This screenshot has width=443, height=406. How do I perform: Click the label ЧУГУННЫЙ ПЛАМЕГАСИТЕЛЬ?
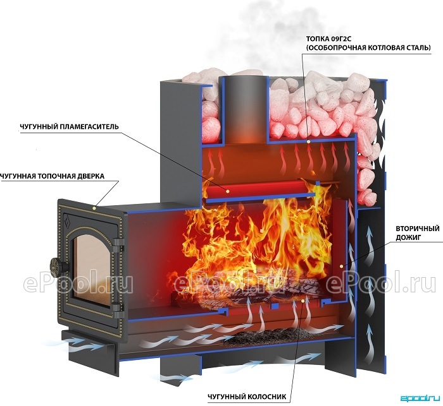tap(69, 126)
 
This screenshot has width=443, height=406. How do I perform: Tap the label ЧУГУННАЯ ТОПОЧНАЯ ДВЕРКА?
tap(53, 177)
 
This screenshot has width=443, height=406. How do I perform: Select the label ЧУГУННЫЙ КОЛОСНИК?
tap(247, 397)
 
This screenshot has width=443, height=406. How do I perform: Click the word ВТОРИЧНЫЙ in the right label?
tap(418, 228)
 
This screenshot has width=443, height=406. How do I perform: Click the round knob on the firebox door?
tap(56, 264)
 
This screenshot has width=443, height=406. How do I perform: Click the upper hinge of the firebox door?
tap(119, 243)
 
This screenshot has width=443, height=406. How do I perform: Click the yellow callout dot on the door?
tap(94, 208)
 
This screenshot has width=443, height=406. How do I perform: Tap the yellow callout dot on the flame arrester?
tap(228, 191)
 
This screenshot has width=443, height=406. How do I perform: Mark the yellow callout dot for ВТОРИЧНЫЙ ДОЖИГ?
tap(342, 266)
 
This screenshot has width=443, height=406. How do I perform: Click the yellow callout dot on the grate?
tap(303, 301)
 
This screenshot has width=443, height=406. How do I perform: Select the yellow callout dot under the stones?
tap(309, 141)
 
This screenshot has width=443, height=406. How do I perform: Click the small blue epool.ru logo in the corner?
tap(420, 398)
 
